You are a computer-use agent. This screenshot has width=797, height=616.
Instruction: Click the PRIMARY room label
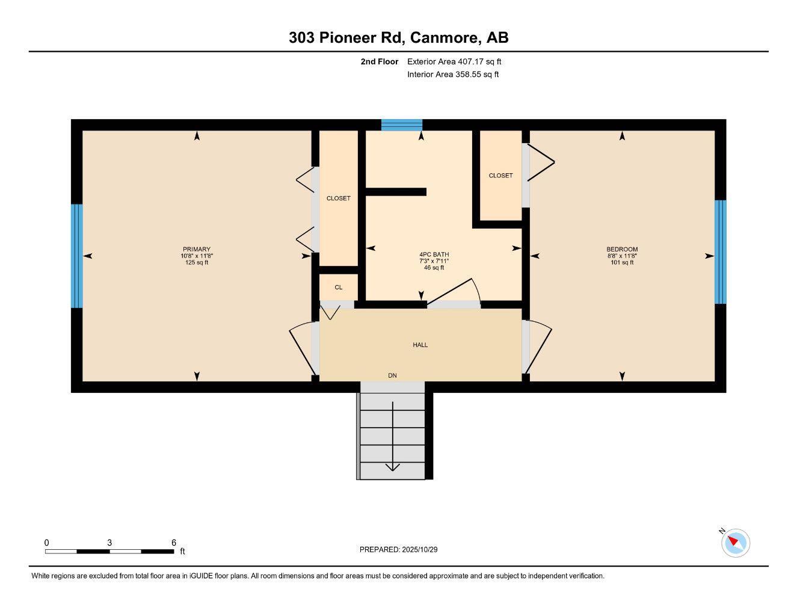tap(197, 250)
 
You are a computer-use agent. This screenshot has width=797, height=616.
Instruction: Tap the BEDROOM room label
tap(622, 250)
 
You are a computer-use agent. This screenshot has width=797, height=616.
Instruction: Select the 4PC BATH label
tap(434, 254)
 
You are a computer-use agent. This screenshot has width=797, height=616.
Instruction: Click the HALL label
tap(420, 345)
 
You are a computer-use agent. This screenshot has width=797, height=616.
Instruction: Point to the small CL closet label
tap(339, 288)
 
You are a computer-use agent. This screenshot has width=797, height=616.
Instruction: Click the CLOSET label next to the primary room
tap(338, 199)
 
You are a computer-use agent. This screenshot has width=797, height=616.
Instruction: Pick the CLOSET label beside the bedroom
tap(500, 176)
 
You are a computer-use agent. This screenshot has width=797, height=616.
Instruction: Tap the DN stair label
tap(392, 376)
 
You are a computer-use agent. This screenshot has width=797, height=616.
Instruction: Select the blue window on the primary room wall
tap(76, 256)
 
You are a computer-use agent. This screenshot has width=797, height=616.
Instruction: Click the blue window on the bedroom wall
tap(720, 252)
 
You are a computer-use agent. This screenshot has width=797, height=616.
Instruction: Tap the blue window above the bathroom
tap(402, 125)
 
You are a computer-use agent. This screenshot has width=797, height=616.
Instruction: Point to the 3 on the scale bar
tap(109, 543)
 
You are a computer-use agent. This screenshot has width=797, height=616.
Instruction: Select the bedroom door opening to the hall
tap(537, 346)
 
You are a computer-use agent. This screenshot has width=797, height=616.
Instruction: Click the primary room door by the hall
tap(303, 348)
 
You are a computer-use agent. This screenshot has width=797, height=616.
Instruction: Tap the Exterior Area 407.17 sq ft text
tap(454, 61)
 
